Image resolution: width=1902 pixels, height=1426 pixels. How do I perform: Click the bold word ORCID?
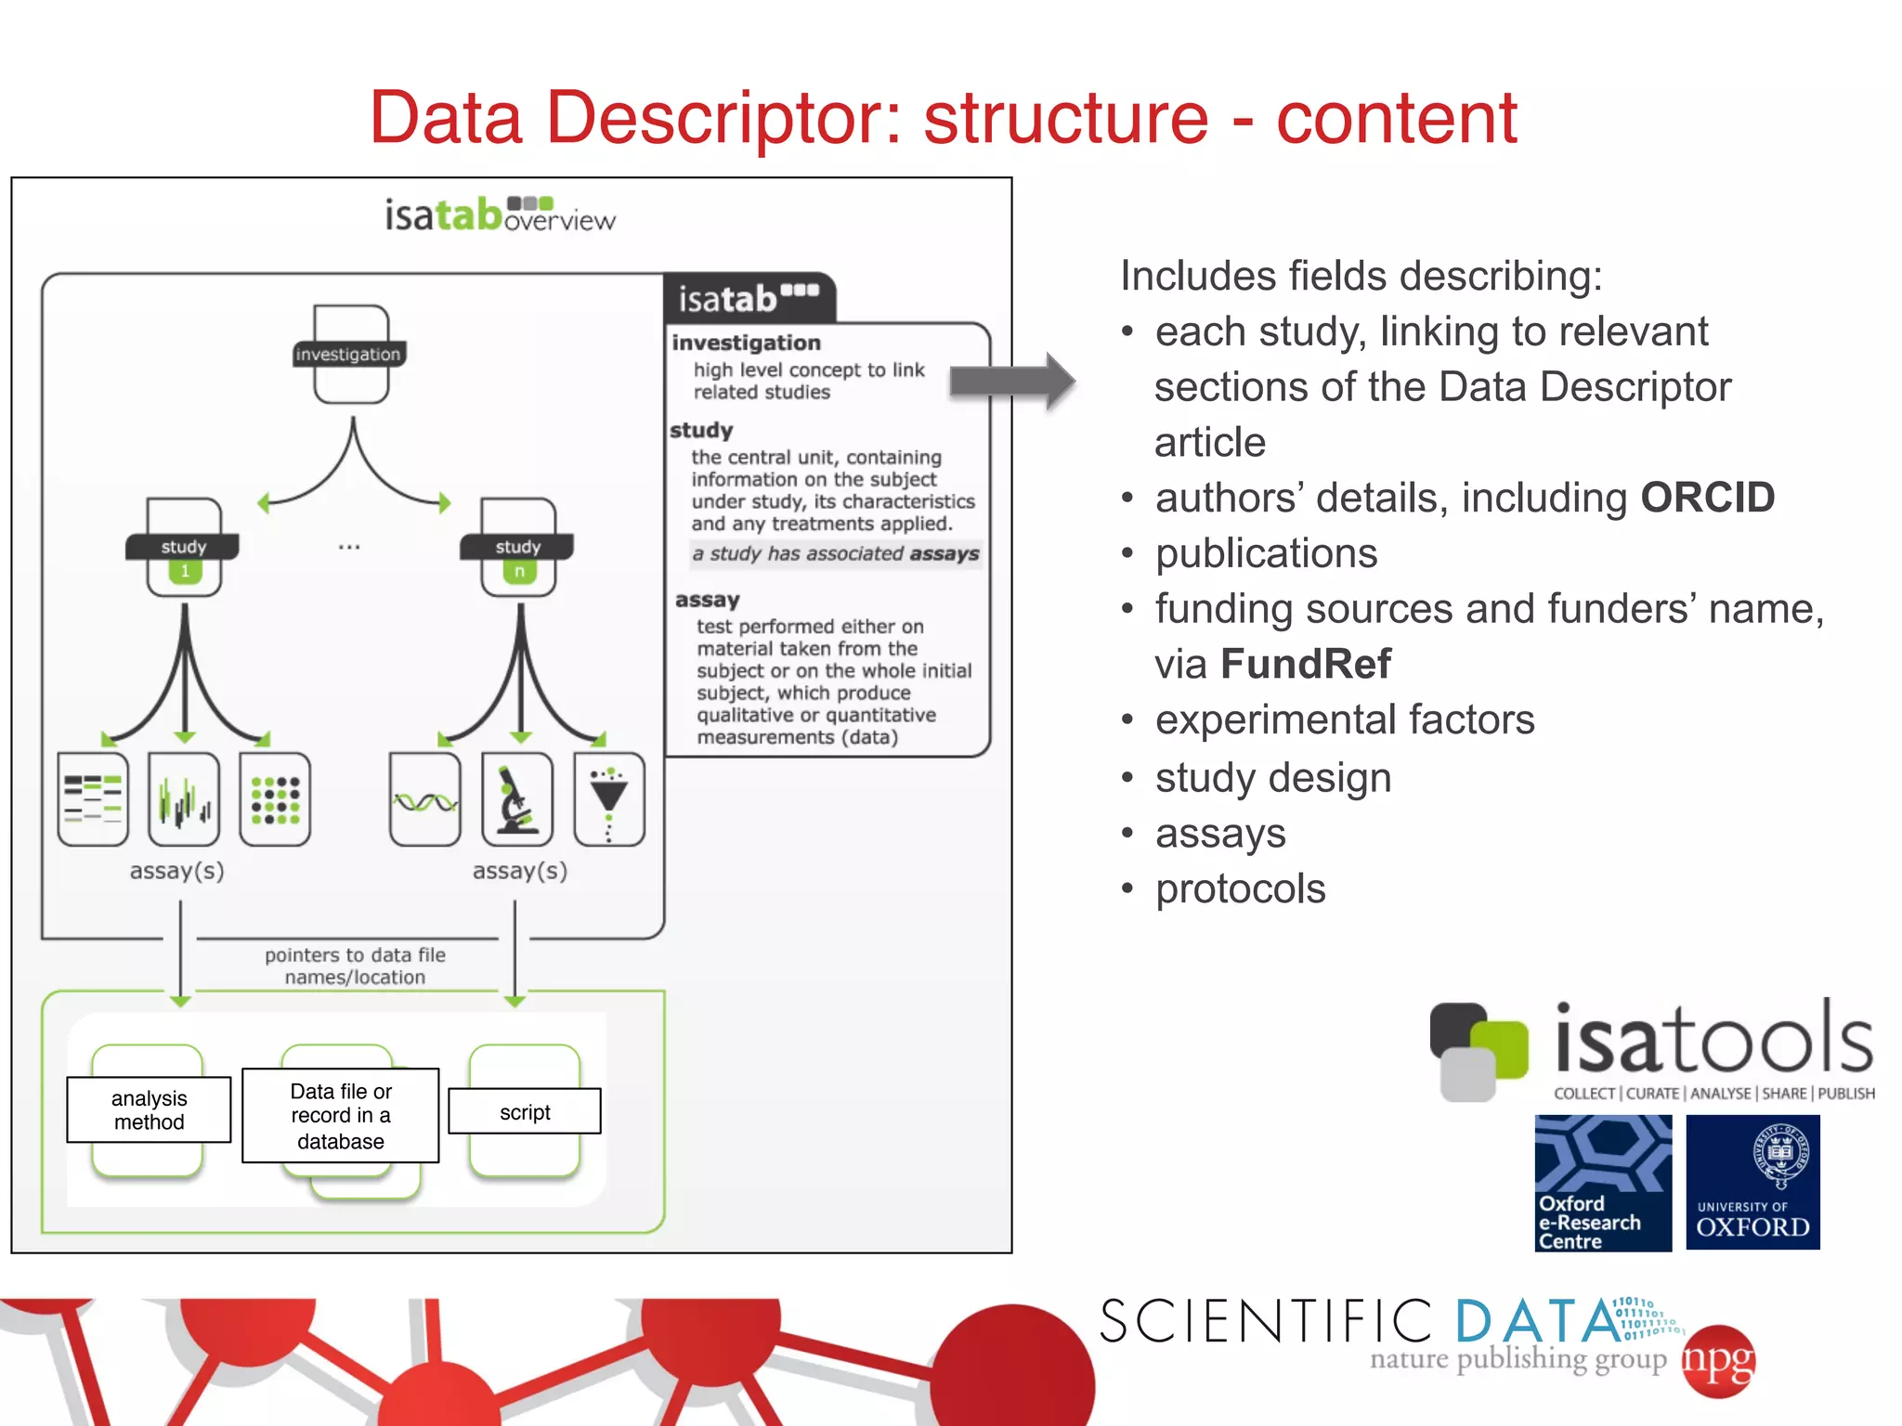coord(1707,498)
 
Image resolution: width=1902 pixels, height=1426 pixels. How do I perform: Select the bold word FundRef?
coord(1305,664)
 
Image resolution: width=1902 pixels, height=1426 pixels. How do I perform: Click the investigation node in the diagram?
coord(350,354)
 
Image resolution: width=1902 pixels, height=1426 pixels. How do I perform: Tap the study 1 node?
coord(184,548)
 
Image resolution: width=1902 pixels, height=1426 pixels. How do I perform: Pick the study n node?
coord(518,548)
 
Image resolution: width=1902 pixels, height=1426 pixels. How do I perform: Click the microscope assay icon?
coord(517,799)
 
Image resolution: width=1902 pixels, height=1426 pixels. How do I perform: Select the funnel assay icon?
coord(609,799)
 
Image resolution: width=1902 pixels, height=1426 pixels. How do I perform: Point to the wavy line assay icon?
coord(425,799)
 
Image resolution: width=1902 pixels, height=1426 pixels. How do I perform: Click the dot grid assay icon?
coord(275,799)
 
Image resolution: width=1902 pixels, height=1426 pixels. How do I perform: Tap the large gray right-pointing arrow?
coord(1012,381)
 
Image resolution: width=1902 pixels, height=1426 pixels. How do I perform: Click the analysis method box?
coord(149,1109)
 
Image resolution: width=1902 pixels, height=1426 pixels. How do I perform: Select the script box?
coord(525,1111)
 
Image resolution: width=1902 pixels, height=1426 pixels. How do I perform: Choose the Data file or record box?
coord(341,1115)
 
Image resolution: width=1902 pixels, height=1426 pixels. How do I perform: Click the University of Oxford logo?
coord(1752,1182)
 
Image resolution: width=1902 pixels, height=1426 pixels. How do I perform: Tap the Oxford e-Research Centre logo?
coord(1603,1182)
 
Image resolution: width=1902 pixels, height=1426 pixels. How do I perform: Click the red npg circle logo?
coord(1719,1361)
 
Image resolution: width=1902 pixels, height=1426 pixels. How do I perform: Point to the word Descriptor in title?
coord(723,118)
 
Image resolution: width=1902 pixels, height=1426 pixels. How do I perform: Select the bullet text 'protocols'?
coord(1240,888)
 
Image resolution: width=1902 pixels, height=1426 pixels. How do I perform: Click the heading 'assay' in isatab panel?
coord(708,600)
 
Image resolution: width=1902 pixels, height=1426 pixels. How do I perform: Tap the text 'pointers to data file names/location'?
coord(355,966)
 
